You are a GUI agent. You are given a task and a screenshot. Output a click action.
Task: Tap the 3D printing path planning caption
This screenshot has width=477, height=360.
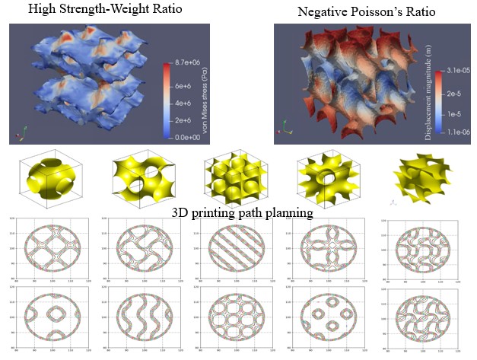coord(242,213)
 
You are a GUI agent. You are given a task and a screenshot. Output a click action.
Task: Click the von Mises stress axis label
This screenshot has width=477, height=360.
coord(205,103)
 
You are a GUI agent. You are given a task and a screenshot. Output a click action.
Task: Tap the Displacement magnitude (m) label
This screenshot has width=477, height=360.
coord(462,100)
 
